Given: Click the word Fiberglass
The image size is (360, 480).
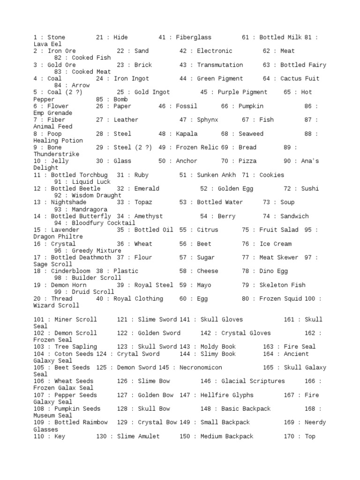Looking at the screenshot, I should click(194, 37).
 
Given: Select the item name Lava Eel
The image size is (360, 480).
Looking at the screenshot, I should click(47, 44).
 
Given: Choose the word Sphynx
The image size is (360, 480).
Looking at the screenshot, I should click(208, 120).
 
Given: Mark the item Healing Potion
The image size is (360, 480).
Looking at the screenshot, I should click(58, 141).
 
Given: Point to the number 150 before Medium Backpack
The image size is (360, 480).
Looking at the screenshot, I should click(185, 436).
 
